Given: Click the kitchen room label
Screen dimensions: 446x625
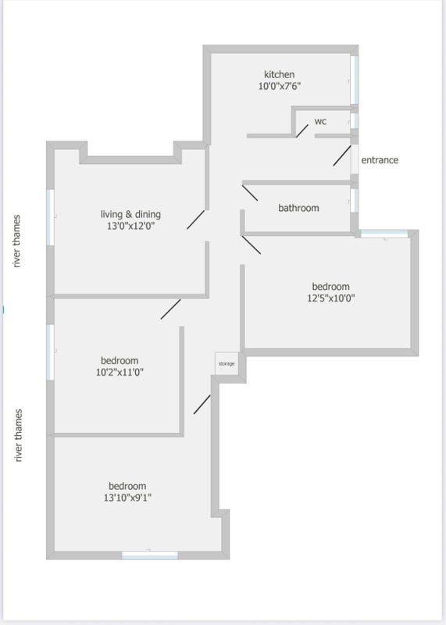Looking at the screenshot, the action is [280, 74].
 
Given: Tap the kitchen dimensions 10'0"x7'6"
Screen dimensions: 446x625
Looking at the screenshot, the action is [280, 86].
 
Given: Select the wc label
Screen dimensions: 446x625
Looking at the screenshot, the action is [320, 121].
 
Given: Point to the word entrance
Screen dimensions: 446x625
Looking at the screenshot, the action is [380, 160].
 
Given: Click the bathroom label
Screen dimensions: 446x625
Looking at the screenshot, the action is [298, 208].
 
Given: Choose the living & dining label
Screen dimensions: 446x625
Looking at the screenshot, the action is [130, 214].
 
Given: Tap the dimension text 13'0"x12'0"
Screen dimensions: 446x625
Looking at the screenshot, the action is [130, 227].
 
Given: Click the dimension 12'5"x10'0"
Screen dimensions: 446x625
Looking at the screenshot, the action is [331, 298].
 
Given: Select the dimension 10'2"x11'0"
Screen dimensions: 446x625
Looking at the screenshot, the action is [120, 373].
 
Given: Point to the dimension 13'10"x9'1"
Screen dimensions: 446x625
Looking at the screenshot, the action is [127, 498].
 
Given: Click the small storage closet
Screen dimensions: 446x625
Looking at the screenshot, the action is [227, 363].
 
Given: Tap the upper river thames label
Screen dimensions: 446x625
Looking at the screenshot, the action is [16, 241].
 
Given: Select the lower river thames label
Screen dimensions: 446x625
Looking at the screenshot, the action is [18, 435].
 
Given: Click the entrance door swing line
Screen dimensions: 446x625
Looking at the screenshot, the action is [342, 155].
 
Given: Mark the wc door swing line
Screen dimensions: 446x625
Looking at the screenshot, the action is [302, 130].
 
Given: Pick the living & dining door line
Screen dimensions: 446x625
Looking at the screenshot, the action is [196, 220].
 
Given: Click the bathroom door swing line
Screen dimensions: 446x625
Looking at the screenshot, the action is [250, 192].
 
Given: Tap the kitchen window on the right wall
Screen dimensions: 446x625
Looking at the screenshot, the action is [355, 80].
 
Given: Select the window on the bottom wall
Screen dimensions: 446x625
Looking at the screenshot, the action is [150, 555].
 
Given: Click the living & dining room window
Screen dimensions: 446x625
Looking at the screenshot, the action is [50, 217].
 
